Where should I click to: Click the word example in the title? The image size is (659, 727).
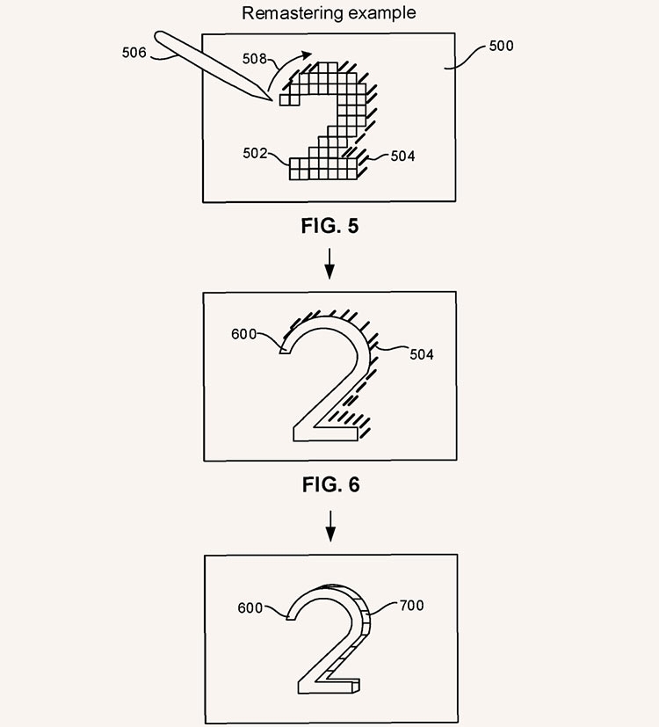point(382,13)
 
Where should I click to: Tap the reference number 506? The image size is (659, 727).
point(134,53)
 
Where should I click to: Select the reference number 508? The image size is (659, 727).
point(255,59)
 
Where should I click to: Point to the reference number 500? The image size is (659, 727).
point(502,46)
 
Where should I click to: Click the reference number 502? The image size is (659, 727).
point(255,154)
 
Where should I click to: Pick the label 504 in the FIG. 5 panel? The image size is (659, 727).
point(402,156)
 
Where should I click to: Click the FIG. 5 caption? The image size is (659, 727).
point(330,226)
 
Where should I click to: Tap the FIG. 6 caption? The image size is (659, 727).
point(331,485)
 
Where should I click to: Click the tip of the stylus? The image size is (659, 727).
point(272,100)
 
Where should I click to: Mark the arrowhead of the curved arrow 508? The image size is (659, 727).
point(307,55)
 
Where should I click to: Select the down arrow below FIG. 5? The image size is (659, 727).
point(329,264)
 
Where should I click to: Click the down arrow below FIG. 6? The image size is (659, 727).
point(330,527)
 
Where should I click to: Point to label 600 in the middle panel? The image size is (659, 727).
point(243,334)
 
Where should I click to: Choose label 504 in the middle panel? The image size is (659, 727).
point(422,354)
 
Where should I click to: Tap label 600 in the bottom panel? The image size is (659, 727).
point(250,607)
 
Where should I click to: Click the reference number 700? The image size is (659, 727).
point(412,606)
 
